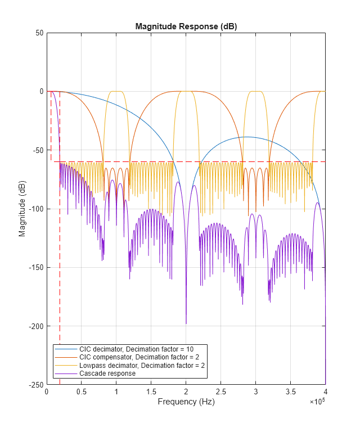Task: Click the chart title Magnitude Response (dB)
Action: click(x=186, y=27)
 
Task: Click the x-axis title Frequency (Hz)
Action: click(x=186, y=402)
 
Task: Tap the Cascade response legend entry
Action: click(x=107, y=373)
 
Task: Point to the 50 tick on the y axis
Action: click(x=39, y=33)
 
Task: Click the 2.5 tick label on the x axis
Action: click(x=220, y=392)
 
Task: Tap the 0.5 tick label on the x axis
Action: click(x=81, y=392)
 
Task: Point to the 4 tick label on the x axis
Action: click(x=325, y=392)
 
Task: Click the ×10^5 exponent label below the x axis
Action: click(x=317, y=402)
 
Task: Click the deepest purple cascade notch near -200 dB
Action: click(x=186, y=323)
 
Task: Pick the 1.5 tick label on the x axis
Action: click(x=151, y=392)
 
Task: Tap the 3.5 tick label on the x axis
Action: click(x=290, y=392)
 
